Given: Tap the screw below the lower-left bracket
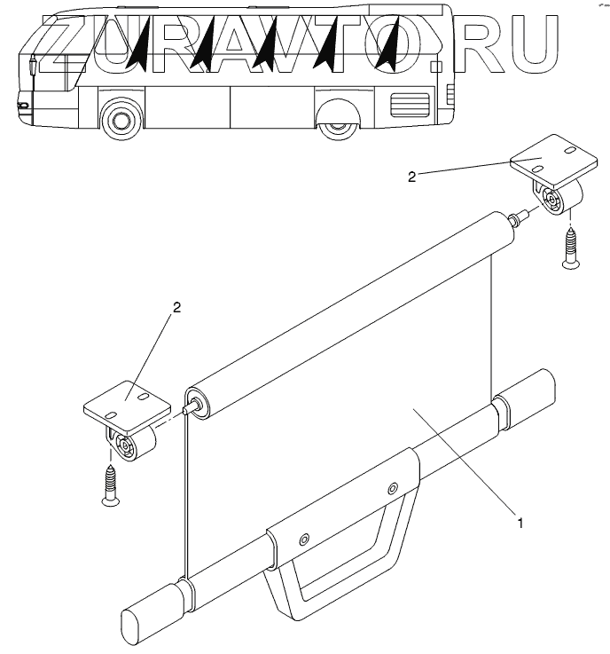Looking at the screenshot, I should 110,486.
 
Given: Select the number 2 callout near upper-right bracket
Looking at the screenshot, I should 411,177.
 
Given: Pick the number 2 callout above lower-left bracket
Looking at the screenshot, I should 176,307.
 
